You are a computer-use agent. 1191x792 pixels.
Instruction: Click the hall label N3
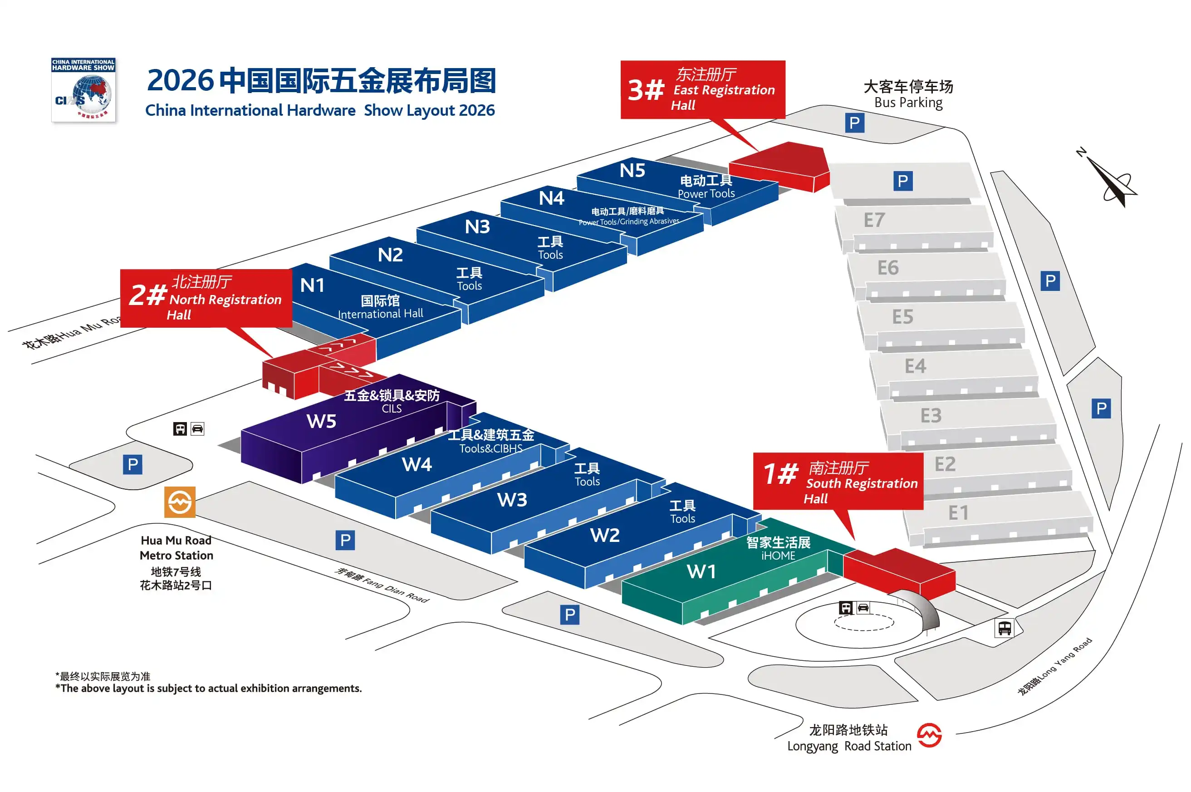click(x=477, y=226)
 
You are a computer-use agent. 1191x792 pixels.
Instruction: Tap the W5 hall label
click(x=321, y=421)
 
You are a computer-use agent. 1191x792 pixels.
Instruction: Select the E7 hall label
click(x=874, y=220)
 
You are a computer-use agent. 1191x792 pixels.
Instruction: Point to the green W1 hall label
click(x=701, y=571)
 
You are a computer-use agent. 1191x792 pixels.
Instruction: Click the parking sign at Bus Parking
click(x=854, y=123)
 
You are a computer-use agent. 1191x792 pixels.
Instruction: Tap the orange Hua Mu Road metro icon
click(x=180, y=502)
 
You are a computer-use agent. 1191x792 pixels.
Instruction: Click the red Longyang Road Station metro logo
click(x=929, y=735)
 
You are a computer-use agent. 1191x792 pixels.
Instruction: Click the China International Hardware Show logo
click(x=83, y=90)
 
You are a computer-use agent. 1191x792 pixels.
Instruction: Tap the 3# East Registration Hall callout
click(x=703, y=90)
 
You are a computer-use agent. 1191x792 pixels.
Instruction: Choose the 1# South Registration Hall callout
click(x=838, y=482)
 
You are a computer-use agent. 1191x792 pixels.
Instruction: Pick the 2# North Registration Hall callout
click(x=206, y=298)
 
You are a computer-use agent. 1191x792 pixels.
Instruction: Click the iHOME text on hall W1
click(x=778, y=556)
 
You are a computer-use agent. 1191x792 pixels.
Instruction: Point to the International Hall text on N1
click(x=380, y=314)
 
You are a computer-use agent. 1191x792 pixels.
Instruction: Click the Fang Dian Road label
click(x=381, y=585)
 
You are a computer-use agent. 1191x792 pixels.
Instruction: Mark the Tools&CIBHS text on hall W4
click(x=491, y=448)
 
